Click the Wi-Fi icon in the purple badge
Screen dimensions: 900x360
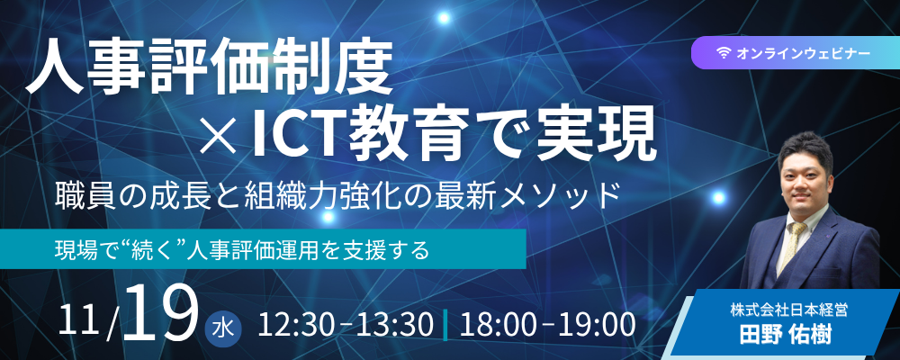pos(724,53)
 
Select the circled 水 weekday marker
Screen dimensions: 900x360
pos(222,330)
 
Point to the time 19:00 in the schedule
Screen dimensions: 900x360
pos(598,325)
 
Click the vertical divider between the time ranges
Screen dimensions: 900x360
pos(445,325)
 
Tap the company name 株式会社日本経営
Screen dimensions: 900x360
pos(788,311)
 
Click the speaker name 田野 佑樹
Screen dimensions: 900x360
pos(786,334)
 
